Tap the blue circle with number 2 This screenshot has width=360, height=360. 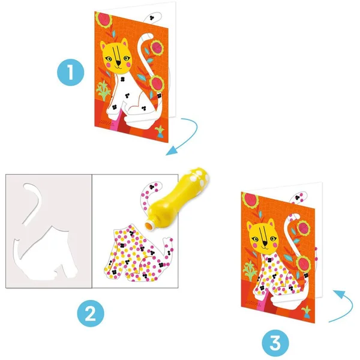90,313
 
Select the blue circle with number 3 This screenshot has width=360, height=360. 274,343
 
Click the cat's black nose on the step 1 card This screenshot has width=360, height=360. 122,62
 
